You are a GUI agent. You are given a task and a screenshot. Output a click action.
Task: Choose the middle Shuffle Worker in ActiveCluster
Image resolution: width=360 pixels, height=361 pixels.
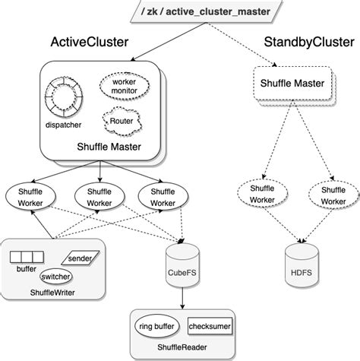(99, 197)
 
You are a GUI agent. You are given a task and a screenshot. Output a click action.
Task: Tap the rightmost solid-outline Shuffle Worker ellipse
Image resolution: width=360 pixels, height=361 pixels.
(163, 197)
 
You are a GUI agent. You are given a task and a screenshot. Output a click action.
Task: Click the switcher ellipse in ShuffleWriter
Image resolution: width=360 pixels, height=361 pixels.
(56, 277)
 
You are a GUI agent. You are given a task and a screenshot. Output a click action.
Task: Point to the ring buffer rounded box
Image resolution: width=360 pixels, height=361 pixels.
(155, 327)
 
